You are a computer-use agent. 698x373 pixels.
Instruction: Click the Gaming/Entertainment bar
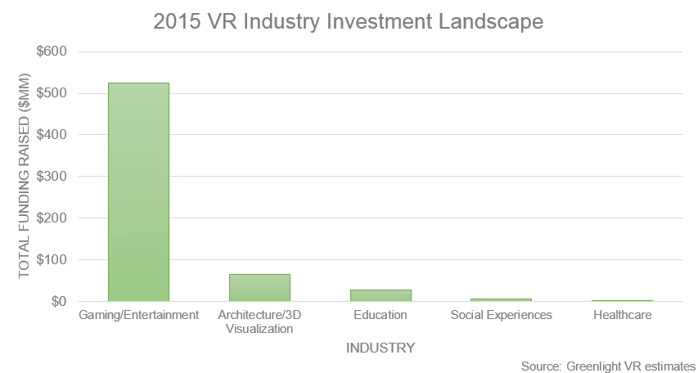138,192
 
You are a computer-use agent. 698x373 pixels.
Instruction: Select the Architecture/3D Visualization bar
259,288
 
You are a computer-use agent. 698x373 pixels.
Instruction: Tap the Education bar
381,295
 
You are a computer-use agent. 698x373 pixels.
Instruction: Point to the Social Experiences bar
501,300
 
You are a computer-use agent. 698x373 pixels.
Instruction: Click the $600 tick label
52,52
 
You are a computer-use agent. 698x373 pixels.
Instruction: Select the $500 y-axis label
52,93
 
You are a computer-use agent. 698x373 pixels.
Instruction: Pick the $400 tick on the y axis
52,135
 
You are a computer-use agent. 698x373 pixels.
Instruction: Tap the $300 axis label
52,177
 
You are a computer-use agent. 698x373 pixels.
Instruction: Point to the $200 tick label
52,218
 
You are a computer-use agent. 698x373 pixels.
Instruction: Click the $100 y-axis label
52,260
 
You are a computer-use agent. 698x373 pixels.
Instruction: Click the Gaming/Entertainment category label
138,315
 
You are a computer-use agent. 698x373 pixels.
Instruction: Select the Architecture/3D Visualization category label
259,321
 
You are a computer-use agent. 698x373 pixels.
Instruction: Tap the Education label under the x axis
381,315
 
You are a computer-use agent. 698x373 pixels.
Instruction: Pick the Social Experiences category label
501,315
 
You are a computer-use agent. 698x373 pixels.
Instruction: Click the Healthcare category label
622,315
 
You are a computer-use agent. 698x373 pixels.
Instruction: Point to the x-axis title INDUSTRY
381,348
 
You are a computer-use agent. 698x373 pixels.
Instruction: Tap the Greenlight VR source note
607,366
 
